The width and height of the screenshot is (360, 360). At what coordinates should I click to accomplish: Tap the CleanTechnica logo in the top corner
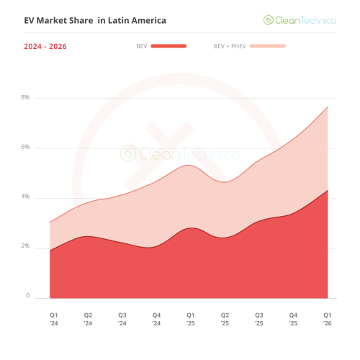point(300,21)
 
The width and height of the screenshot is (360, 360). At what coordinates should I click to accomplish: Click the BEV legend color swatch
point(168,46)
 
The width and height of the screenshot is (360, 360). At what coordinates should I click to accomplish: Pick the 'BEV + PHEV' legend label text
point(229,46)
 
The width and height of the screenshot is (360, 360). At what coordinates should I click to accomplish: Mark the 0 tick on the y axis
point(28,296)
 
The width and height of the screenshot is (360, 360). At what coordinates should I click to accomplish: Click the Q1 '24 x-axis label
point(53,319)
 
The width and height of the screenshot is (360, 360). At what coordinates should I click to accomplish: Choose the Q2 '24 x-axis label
point(88,319)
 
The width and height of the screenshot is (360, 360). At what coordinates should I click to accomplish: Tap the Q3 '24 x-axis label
point(122,319)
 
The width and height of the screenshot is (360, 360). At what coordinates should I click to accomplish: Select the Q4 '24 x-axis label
point(156,319)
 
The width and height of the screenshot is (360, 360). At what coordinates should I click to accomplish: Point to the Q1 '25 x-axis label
point(191,319)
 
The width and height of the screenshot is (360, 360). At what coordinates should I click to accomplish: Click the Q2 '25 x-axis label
point(225,319)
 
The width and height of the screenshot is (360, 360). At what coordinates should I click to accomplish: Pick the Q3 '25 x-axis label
point(259,319)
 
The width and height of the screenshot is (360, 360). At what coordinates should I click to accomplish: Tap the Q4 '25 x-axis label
point(293,319)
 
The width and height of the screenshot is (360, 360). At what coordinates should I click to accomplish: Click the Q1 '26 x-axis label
point(327,319)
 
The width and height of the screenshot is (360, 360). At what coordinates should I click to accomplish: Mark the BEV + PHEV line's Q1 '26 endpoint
point(328,107)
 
